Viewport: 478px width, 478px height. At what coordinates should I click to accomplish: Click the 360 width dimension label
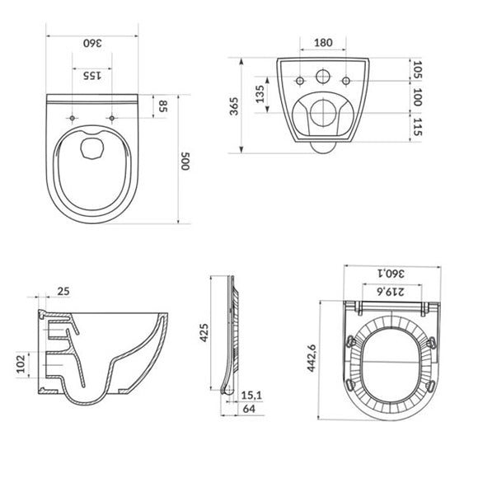[91, 44]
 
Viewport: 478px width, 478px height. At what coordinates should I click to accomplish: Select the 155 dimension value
[91, 76]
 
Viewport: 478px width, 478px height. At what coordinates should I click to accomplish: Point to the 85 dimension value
[163, 106]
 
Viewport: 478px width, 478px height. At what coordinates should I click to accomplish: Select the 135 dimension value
[260, 96]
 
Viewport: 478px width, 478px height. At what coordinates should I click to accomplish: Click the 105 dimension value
[418, 70]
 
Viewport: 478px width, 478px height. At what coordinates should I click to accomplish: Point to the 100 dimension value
[418, 97]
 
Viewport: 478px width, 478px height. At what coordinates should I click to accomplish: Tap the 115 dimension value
[418, 126]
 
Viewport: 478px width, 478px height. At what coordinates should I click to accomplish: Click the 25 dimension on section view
[63, 291]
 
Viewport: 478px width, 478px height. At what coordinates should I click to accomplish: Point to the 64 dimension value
[248, 410]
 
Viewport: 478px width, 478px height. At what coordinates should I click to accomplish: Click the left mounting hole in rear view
[299, 80]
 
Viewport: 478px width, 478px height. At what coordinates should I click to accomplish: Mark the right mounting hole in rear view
[346, 80]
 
